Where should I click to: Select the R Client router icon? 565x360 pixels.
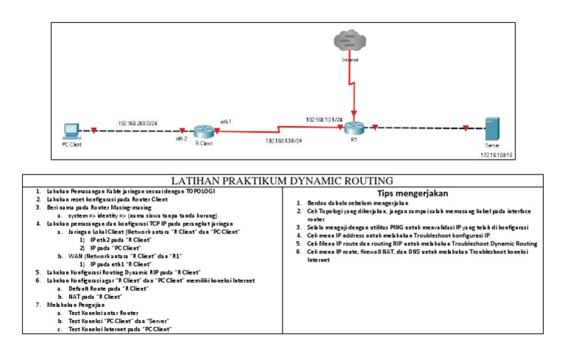click(x=205, y=132)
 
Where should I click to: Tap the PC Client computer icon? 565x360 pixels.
click(x=71, y=132)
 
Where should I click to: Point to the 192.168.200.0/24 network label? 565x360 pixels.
click(x=137, y=122)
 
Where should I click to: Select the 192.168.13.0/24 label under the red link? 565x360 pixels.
click(x=284, y=140)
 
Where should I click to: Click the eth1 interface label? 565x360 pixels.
click(x=226, y=121)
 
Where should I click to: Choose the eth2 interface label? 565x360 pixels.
click(x=181, y=138)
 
